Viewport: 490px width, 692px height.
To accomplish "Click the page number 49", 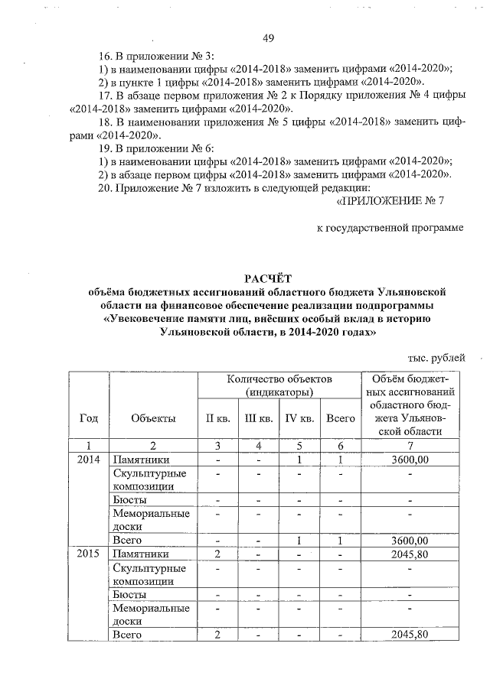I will point(268,39).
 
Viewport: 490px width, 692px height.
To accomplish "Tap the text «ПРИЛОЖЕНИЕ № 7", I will point(390,201).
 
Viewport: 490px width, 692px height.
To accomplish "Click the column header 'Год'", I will point(89,417).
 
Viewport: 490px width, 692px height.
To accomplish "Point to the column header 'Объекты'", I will point(153,417).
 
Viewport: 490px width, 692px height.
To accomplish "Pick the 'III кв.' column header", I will point(259,417).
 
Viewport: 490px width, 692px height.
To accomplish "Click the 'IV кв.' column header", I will point(299,417).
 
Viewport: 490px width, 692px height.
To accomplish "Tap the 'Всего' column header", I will point(340,417).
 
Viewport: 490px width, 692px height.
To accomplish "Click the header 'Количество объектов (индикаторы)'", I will point(279,385).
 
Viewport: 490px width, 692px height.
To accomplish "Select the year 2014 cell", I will point(89,460).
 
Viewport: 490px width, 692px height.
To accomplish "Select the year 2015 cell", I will point(89,553).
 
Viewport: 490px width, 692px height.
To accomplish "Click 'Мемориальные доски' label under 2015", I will point(150,615).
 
